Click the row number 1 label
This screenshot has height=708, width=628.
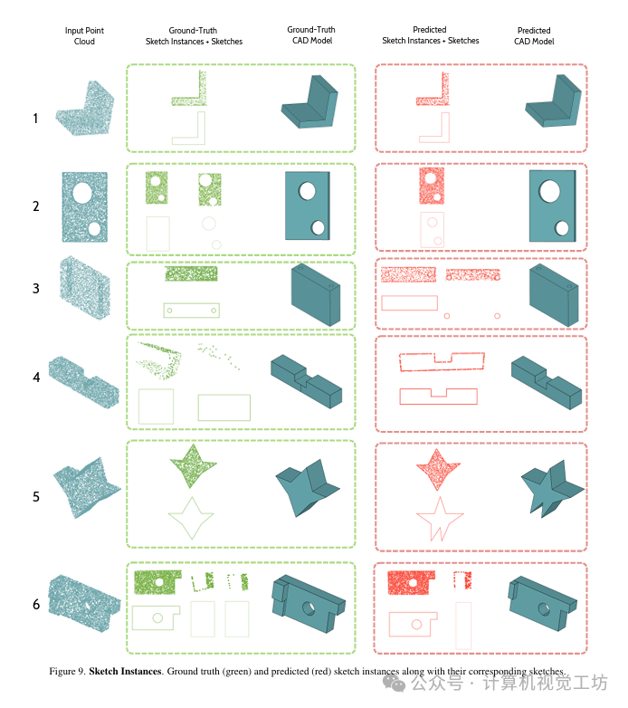[35, 119]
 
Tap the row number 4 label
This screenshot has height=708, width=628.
[36, 377]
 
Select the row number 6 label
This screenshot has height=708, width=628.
[36, 604]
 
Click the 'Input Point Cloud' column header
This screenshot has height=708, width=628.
[84, 35]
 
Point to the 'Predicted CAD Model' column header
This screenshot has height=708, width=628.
[534, 35]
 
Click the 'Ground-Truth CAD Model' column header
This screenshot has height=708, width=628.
[311, 34]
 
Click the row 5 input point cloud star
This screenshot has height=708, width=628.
[86, 488]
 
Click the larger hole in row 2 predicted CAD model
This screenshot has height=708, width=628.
[549, 190]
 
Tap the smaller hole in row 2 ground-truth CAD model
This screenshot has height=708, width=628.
[318, 227]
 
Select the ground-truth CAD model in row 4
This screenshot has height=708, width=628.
[307, 381]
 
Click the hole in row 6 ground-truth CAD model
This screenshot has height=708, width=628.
[309, 608]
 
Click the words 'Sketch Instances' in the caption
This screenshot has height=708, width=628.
[125, 671]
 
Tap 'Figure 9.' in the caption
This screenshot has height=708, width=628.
[67, 671]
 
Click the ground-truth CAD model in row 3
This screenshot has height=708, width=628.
[315, 294]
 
